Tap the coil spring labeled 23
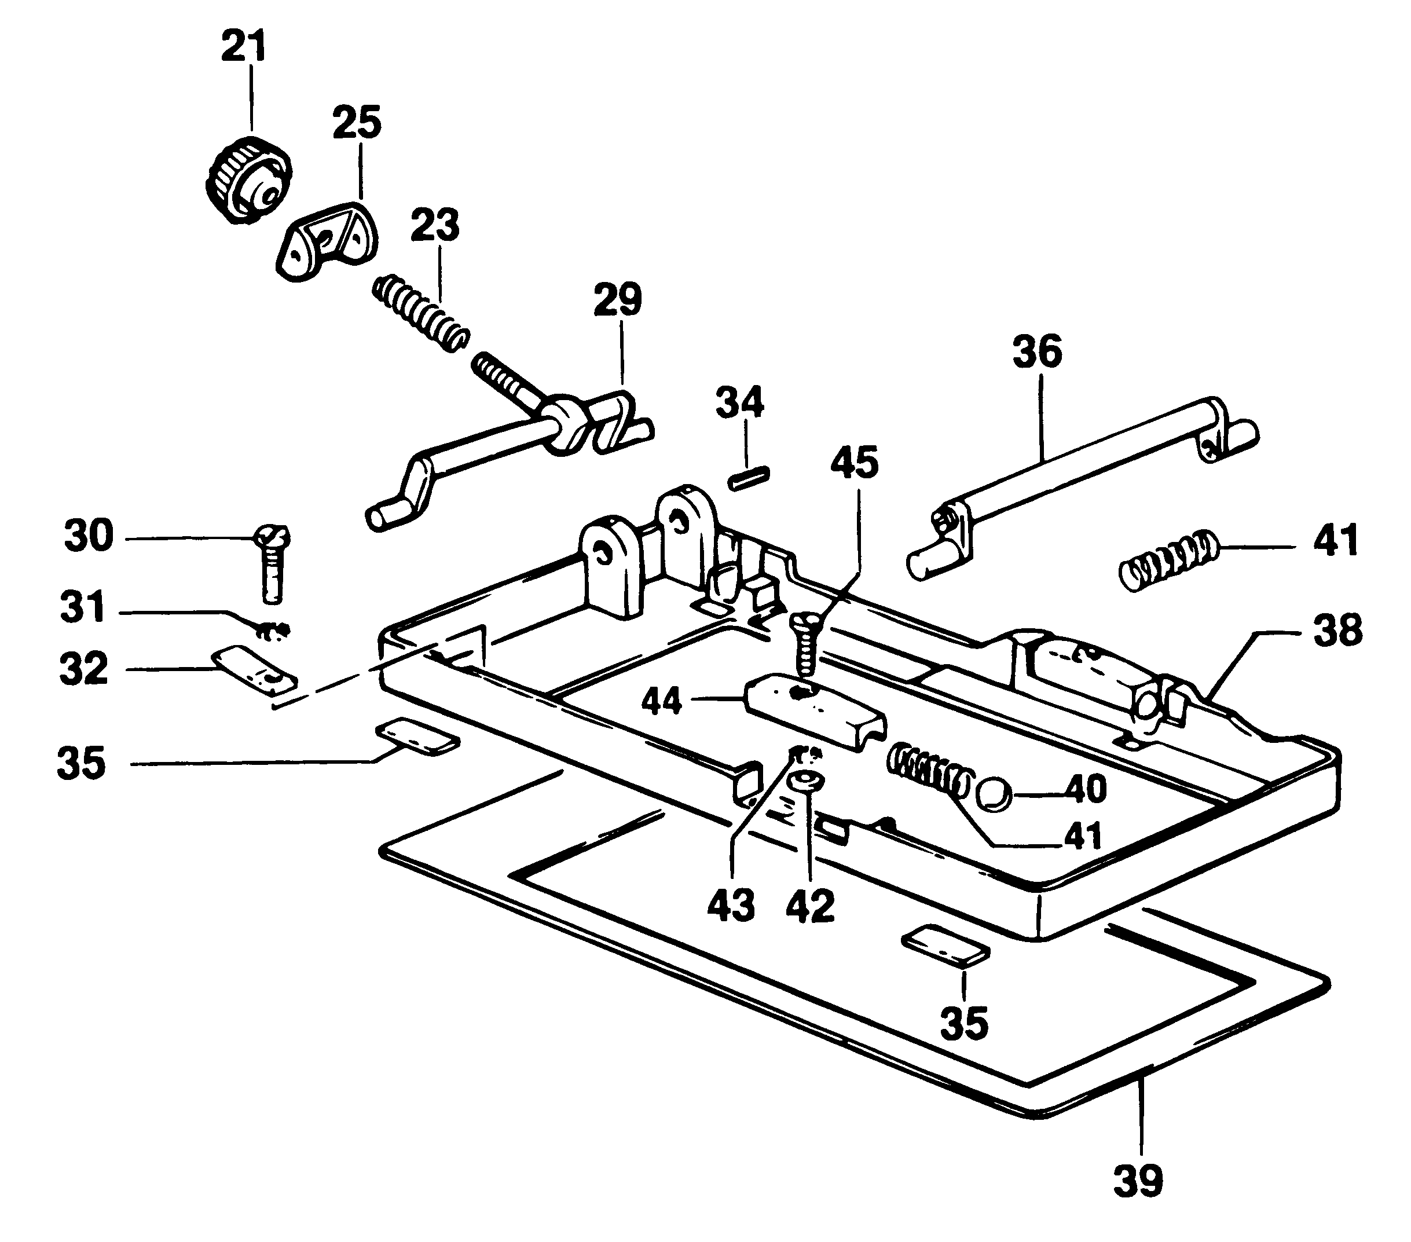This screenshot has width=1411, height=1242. click(x=421, y=313)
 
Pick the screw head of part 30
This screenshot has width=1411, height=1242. click(x=273, y=536)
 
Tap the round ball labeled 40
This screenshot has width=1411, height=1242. click(x=994, y=794)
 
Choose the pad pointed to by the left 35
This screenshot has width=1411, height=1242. click(x=417, y=737)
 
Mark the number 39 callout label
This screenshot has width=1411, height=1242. click(x=1138, y=1181)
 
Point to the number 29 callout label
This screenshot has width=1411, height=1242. click(x=618, y=299)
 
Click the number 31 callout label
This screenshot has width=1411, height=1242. click(x=82, y=607)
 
